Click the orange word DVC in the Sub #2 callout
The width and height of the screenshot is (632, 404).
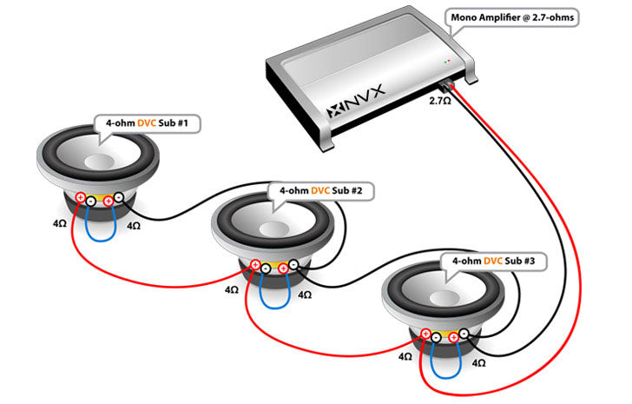click(321, 189)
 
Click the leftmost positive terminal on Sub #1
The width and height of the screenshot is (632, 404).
click(79, 199)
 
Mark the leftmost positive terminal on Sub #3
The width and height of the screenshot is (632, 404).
click(425, 334)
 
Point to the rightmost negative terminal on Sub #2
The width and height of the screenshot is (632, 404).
click(294, 266)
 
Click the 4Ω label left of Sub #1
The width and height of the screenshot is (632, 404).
click(59, 224)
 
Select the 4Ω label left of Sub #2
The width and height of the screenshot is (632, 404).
click(232, 289)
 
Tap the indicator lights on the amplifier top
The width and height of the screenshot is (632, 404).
click(448, 62)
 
